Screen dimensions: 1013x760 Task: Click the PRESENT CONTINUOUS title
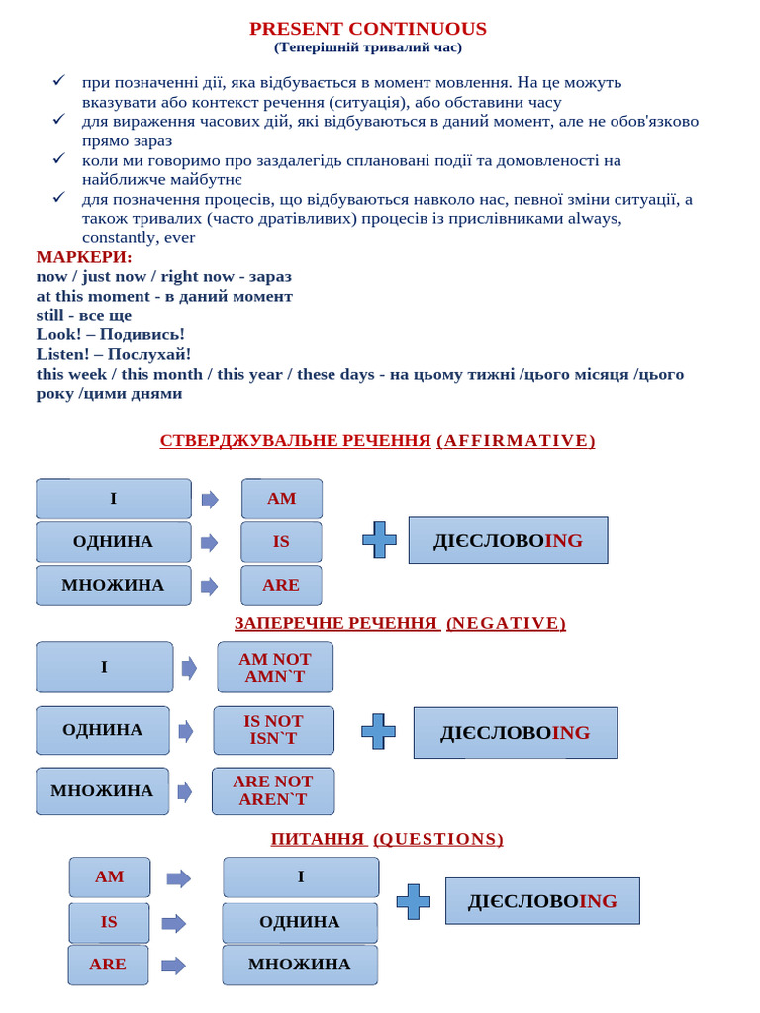367,28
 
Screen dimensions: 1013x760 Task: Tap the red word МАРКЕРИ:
84,257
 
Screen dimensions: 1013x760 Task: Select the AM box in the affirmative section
282,499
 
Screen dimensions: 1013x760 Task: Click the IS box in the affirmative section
282,542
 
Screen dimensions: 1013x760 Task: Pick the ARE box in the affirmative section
281,585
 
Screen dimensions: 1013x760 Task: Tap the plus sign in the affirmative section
379,540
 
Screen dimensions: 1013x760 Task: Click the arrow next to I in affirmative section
210,500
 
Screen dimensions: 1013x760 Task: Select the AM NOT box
275,667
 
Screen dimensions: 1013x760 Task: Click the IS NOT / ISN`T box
273,730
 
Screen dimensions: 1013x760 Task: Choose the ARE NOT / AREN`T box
273,790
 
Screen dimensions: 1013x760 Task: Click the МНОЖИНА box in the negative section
102,790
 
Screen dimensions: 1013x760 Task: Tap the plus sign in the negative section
378,731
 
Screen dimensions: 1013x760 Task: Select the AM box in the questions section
110,877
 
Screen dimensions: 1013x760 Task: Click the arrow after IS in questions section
174,923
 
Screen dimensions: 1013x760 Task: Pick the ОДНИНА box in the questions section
300,922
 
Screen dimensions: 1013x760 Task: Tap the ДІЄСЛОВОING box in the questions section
542,901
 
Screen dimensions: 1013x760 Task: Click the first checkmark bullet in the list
59,81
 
